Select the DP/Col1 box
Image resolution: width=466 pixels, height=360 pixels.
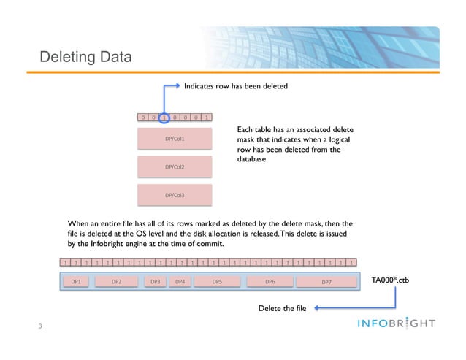[175, 138]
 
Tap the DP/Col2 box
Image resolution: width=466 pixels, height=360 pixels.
[175, 167]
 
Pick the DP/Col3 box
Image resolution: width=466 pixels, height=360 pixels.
[175, 195]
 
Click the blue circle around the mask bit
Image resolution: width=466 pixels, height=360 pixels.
[167, 117]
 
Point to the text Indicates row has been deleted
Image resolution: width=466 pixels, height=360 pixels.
[236, 86]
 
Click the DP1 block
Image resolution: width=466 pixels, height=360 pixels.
[75, 281]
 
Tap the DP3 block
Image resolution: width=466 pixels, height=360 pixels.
[155, 281]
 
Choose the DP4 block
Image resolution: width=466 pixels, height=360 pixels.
[180, 281]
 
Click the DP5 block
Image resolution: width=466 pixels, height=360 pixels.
[217, 281]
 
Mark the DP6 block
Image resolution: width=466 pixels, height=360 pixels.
[270, 281]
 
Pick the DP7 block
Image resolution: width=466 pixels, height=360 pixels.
[326, 281]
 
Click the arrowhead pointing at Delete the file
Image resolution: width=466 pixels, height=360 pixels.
[320, 308]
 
